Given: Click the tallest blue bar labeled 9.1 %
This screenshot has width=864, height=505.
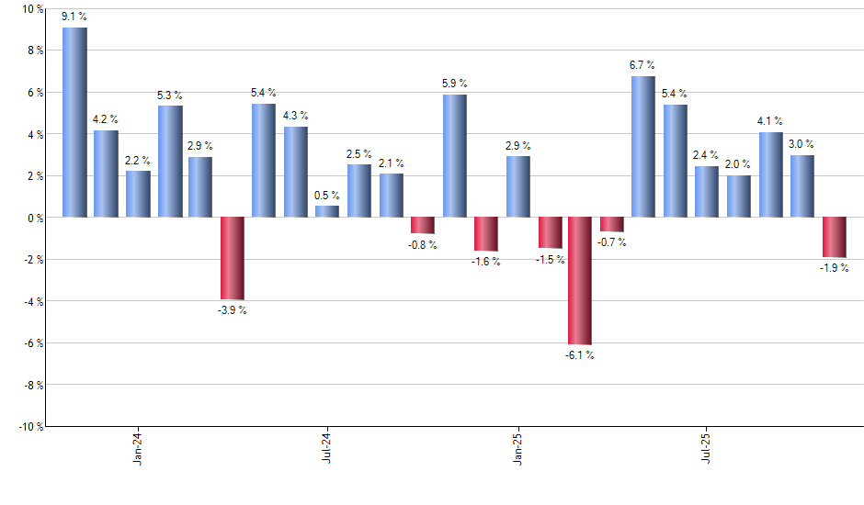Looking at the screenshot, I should tap(74, 122).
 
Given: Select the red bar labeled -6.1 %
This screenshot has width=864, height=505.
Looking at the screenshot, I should tap(580, 280).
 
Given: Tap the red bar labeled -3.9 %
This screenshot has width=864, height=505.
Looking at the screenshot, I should tap(232, 258).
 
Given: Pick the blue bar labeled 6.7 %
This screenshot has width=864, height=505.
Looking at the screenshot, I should tap(643, 147).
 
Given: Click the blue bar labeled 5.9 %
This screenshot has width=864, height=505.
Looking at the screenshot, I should tap(454, 156).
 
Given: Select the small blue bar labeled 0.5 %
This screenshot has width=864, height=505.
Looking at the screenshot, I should tap(327, 211).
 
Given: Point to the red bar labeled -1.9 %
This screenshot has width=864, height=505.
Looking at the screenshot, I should tap(834, 237).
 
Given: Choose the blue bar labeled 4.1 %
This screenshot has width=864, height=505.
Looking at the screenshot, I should tap(770, 174).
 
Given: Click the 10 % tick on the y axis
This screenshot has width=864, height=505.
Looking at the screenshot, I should tap(32, 9).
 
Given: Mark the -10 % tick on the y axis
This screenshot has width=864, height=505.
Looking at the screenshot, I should tap(30, 426).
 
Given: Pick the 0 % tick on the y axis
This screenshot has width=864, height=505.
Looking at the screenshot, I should tap(34, 218).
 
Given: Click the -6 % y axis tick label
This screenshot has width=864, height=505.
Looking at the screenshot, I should tap(32, 342).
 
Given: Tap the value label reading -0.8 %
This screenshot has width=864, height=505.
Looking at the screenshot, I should tap(423, 245).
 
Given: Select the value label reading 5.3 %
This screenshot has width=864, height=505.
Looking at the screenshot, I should tap(170, 95).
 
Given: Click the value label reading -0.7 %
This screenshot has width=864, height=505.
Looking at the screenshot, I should tap(612, 242).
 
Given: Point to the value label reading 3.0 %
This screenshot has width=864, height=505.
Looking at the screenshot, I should tap(801, 144).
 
